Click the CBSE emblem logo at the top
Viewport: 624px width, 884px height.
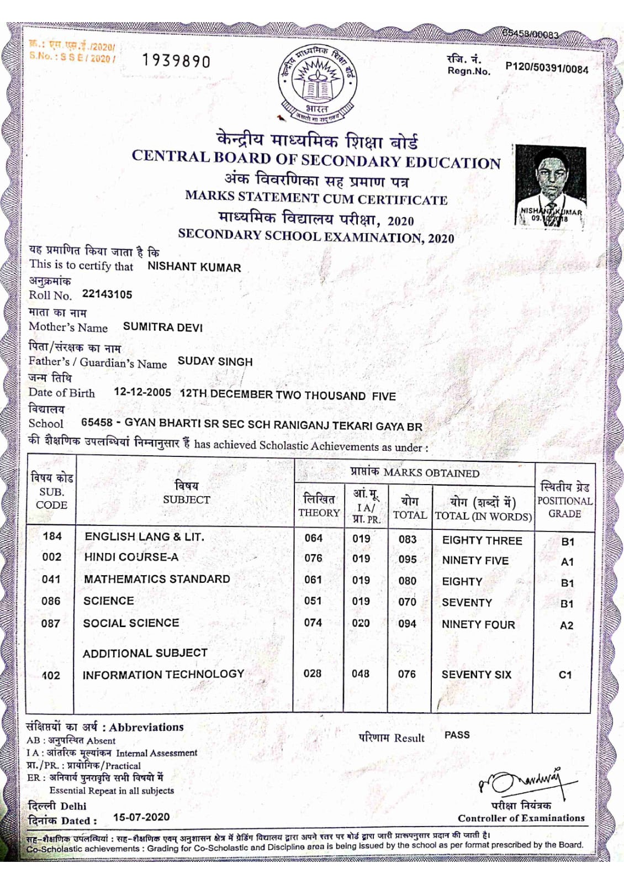pyautogui.click(x=318, y=82)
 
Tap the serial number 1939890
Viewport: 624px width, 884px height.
pyautogui.click(x=176, y=60)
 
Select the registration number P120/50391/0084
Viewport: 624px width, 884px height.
pyautogui.click(x=547, y=68)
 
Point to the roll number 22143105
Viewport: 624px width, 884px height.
pyautogui.click(x=107, y=294)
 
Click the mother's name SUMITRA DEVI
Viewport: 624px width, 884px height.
pyautogui.click(x=163, y=327)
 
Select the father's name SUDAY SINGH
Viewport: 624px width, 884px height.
pyautogui.click(x=215, y=361)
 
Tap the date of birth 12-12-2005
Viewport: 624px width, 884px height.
pyautogui.click(x=142, y=392)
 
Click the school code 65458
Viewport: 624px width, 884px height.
pyautogui.click(x=97, y=423)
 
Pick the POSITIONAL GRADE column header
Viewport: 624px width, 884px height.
pyautogui.click(x=564, y=500)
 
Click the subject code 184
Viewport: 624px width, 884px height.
pyautogui.click(x=52, y=536)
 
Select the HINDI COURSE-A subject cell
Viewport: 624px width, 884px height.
pyautogui.click(x=131, y=557)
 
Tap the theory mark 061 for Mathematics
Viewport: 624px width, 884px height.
pyautogui.click(x=313, y=580)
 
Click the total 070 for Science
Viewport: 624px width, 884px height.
pyautogui.click(x=408, y=602)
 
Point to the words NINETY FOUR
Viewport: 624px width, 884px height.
pyautogui.click(x=478, y=624)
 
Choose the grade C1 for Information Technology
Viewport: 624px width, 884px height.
pyautogui.click(x=565, y=675)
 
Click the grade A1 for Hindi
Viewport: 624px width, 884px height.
pyautogui.click(x=567, y=562)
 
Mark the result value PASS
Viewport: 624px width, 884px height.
pyautogui.click(x=457, y=735)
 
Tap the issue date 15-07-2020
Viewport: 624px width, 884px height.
pyautogui.click(x=141, y=817)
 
